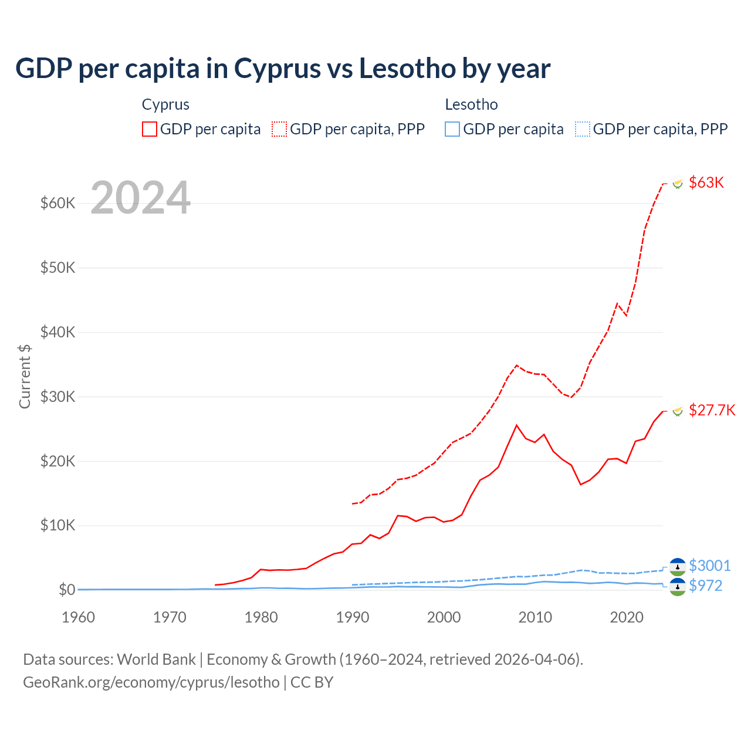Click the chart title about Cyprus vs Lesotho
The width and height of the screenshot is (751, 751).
click(282, 69)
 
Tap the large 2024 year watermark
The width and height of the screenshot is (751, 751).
click(140, 198)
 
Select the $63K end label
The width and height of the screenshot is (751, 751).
click(706, 182)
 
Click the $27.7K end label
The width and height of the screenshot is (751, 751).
click(712, 410)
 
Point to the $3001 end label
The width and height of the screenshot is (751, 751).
click(709, 566)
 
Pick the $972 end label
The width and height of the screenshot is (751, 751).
click(705, 586)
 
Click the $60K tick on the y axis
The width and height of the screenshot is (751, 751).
click(57, 204)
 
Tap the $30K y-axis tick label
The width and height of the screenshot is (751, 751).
click(57, 397)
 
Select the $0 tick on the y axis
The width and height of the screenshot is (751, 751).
click(67, 590)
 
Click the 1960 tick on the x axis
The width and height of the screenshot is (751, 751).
click(78, 617)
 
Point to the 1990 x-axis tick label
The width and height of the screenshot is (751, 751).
click(353, 617)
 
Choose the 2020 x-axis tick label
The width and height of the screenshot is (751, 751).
click(627, 617)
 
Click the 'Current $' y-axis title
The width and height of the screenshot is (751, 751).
click(25, 376)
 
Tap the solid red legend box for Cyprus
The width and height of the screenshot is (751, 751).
click(150, 129)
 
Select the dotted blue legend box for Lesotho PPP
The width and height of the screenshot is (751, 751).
click(583, 129)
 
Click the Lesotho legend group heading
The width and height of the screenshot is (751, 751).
click(471, 104)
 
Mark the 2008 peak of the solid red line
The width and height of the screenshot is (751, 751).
click(516, 425)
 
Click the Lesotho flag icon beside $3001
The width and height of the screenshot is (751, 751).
click(678, 566)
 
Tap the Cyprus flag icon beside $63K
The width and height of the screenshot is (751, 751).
click(678, 184)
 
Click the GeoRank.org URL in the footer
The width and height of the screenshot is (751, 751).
click(151, 682)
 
